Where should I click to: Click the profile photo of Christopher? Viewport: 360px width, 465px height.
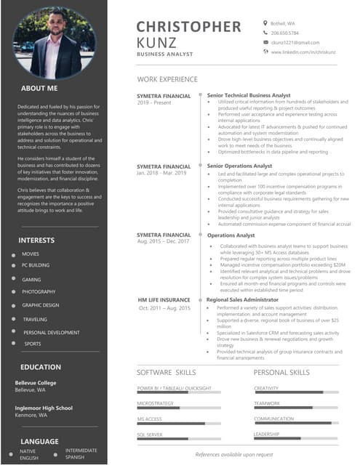pos(54,43)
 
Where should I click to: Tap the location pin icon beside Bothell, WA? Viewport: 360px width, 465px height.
pos(265,23)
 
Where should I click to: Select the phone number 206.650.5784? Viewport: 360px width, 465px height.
pos(285,33)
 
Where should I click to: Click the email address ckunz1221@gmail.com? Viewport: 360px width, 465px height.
pos(295,43)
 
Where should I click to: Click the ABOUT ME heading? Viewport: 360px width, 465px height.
pos(39,88)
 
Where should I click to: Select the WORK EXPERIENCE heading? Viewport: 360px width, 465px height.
pos(167,79)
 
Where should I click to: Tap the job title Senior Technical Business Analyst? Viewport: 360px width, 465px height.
pos(249,95)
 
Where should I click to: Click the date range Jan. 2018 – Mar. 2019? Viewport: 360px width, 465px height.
pos(161,173)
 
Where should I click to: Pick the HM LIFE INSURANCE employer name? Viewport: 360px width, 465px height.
pos(164,299)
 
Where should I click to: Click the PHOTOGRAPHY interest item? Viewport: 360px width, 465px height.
pos(39,292)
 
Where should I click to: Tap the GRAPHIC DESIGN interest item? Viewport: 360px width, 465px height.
pos(41,305)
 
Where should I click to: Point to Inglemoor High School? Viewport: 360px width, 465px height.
pos(44,408)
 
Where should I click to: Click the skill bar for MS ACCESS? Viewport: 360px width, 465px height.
pos(179,423)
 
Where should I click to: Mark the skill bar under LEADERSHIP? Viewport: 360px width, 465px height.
pos(295,438)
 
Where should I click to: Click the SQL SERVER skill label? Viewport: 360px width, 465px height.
pos(150,434)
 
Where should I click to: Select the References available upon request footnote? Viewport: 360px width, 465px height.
pos(234,454)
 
